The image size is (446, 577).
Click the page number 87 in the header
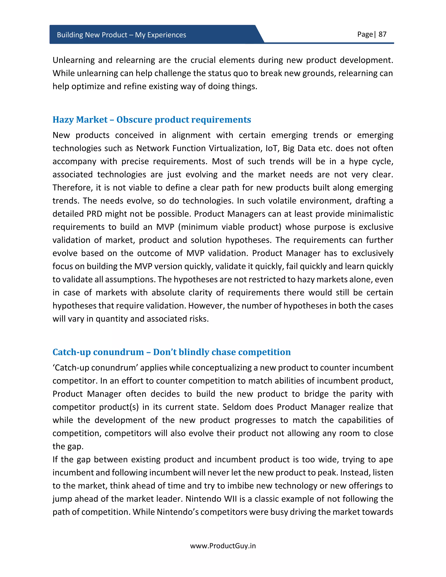[x=382, y=34]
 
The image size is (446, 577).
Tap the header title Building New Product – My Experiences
[x=121, y=35]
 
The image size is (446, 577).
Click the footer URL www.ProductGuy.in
[x=223, y=546]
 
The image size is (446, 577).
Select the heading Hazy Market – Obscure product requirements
[x=152, y=120]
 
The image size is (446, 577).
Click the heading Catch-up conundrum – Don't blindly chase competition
[x=171, y=352]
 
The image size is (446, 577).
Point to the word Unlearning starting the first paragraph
[x=73, y=60]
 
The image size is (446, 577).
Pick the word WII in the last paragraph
[x=230, y=499]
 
